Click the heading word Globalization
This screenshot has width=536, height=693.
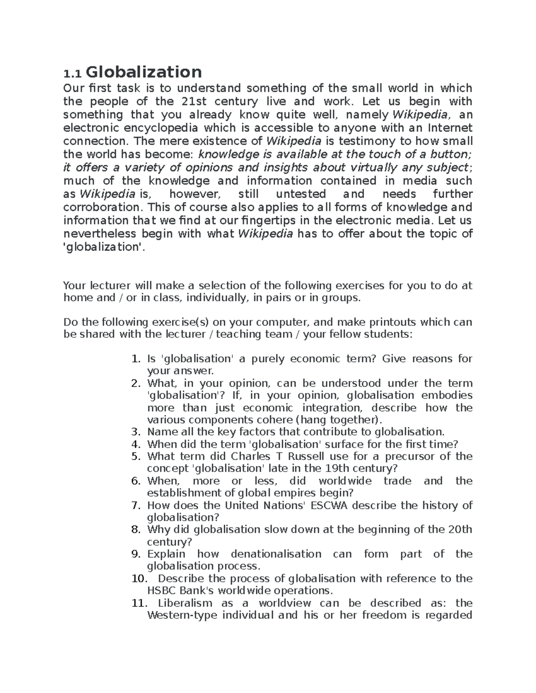pyautogui.click(x=143, y=72)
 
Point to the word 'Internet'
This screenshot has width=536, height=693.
pyautogui.click(x=450, y=128)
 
